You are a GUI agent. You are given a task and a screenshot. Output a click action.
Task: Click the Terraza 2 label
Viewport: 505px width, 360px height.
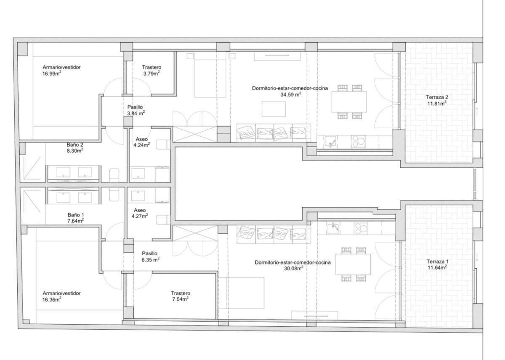coord(437,100)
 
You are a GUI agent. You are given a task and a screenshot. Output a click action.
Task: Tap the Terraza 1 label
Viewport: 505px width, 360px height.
coord(437,265)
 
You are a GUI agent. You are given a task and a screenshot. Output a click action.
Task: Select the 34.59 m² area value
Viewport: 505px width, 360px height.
coord(291,94)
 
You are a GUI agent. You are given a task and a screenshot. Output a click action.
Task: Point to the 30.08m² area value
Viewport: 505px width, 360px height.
coord(294,268)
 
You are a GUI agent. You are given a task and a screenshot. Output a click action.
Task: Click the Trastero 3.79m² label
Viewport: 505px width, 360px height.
coord(151,70)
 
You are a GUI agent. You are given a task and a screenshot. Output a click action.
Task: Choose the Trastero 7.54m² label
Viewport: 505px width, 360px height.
coord(181,296)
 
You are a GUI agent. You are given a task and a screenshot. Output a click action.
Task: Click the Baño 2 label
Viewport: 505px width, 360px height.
coord(75,148)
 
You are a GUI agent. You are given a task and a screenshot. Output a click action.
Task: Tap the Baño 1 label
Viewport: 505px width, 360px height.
coord(75,218)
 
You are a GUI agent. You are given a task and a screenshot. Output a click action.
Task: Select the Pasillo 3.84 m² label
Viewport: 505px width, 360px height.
coord(136,110)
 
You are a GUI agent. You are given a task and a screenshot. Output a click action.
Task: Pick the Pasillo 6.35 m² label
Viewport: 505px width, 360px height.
coord(150,257)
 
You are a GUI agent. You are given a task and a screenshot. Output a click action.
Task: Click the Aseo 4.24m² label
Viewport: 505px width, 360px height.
coord(141,142)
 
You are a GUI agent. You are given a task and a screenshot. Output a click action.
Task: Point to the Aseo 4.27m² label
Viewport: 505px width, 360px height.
coord(140,213)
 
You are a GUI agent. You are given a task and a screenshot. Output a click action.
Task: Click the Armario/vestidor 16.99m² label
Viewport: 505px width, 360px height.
coord(61,70)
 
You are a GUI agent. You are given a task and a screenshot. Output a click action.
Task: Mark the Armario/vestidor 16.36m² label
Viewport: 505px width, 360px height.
coord(61,296)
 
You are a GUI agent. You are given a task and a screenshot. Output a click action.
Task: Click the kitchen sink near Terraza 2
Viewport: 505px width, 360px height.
coord(330,142)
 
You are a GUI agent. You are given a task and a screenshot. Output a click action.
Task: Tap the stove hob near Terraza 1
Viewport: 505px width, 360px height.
coord(361,228)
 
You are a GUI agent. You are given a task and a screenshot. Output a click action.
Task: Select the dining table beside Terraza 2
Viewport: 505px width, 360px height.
coord(349,102)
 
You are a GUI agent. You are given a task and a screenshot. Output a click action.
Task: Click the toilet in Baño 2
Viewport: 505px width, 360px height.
coord(114,175)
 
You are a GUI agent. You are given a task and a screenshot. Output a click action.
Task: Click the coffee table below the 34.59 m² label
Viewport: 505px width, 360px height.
coord(274,109)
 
